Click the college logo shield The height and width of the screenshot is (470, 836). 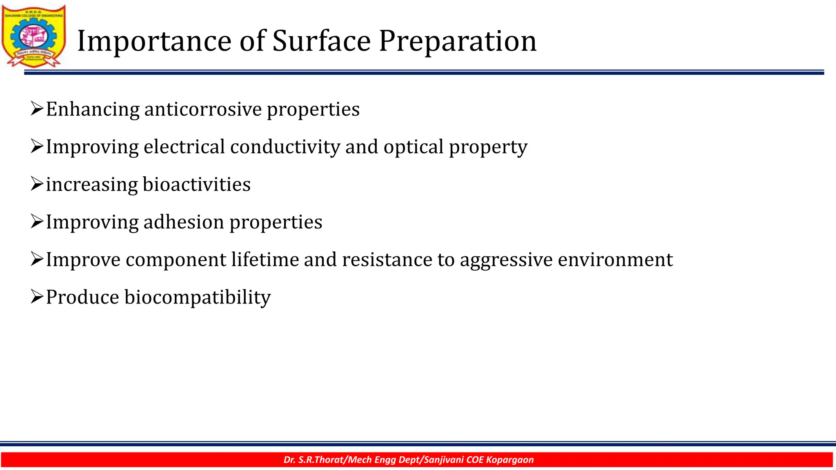(x=33, y=36)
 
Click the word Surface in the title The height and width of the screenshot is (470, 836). (x=321, y=41)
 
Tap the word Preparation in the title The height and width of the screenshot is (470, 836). (x=457, y=41)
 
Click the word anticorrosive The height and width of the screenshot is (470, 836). (x=203, y=109)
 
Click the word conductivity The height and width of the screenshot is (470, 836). (x=285, y=147)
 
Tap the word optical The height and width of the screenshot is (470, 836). (x=413, y=147)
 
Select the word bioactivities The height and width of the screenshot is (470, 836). (x=196, y=184)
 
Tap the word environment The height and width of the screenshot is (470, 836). (x=615, y=259)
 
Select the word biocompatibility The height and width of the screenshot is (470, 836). (x=198, y=297)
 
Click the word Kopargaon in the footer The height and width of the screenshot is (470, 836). (x=510, y=460)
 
